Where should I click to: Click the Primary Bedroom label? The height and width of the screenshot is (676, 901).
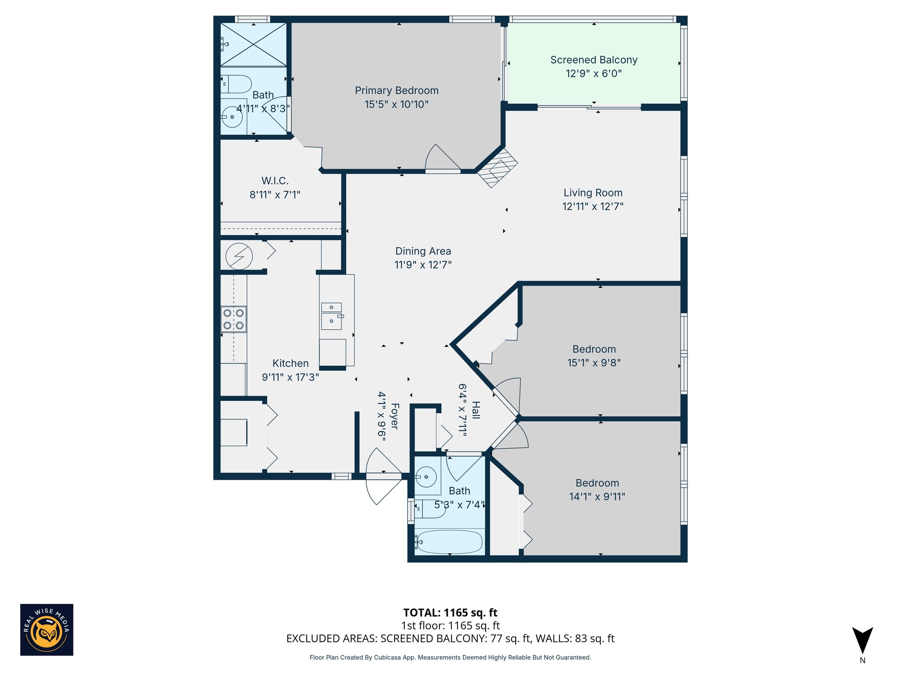[396, 91]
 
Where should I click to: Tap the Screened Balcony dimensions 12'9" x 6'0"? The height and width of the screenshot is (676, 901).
[593, 73]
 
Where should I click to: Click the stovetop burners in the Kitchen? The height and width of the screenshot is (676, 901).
[234, 319]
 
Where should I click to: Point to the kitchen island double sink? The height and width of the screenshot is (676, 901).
[331, 316]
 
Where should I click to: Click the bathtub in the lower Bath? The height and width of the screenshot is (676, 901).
[449, 541]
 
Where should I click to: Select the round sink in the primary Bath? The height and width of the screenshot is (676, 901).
[232, 117]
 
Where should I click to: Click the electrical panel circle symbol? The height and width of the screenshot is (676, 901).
[239, 256]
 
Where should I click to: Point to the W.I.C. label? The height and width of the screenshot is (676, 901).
[275, 181]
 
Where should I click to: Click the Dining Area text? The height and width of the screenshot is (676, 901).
[423, 251]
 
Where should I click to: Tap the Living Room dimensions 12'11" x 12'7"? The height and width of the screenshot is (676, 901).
[593, 206]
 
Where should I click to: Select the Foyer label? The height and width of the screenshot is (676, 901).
[394, 416]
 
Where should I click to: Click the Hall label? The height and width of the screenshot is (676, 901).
[476, 410]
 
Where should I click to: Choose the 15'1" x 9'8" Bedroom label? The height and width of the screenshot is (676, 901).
[593, 349]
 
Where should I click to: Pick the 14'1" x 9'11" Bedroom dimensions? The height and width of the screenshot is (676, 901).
[597, 497]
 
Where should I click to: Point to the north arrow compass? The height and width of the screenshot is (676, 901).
[862, 641]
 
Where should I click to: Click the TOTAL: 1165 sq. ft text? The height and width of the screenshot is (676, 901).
[450, 613]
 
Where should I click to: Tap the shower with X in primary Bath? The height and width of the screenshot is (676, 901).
[253, 45]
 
